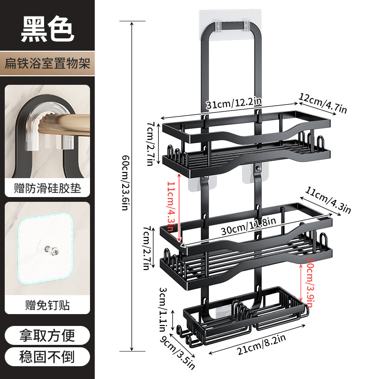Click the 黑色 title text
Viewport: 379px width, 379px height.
[47, 29]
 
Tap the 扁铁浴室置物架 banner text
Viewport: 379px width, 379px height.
[47, 63]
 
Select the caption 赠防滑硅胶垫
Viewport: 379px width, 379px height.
[47, 188]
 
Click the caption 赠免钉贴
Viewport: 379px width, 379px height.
[47, 305]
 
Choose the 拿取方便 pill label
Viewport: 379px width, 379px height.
[47, 335]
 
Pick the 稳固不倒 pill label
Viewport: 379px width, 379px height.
[47, 357]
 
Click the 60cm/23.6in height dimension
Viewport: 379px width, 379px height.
[126, 183]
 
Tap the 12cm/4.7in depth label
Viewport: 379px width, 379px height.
[323, 103]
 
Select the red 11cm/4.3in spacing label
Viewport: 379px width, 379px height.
[171, 206]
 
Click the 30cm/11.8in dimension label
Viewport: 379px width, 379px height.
[248, 226]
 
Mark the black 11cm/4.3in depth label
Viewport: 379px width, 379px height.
[328, 200]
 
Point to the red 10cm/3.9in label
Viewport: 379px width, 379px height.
[310, 282]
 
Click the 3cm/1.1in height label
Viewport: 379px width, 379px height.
[162, 310]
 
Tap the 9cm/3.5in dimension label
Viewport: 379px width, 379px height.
[177, 352]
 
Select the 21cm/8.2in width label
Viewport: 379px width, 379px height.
[262, 345]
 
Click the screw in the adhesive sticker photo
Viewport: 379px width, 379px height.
[52, 250]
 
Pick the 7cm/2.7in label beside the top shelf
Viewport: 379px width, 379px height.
[150, 144]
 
